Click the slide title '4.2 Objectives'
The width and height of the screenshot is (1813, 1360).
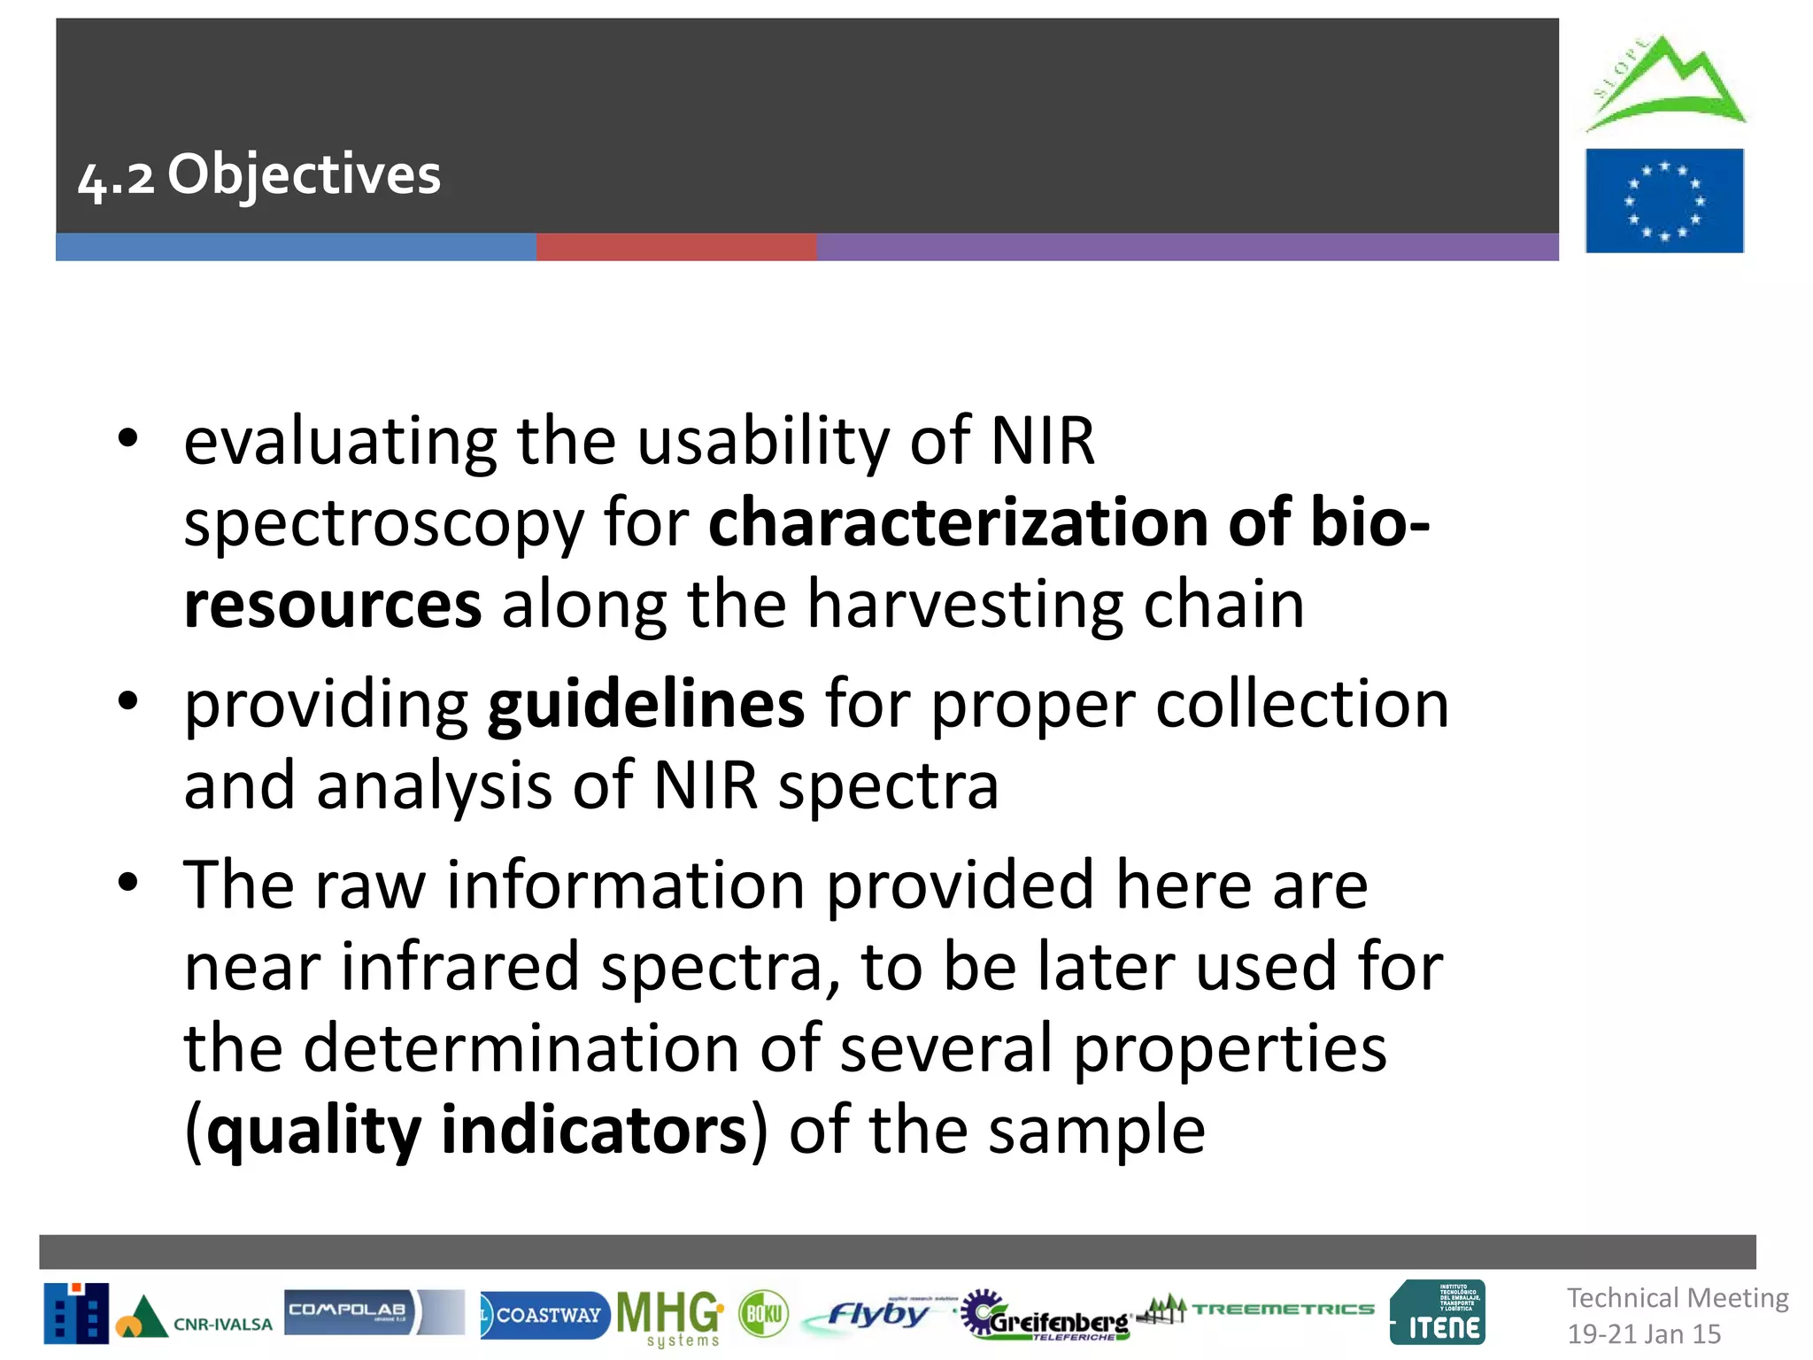click(x=259, y=174)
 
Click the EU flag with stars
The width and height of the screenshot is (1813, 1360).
click(x=1663, y=201)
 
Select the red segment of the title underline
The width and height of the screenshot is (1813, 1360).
click(x=675, y=247)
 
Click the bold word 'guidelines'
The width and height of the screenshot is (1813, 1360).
click(x=646, y=705)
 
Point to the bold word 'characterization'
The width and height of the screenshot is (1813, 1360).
click(x=957, y=522)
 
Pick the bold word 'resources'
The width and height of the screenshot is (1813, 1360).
click(x=332, y=605)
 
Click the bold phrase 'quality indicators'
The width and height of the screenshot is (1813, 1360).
click(x=477, y=1131)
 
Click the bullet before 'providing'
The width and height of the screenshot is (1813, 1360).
click(x=128, y=701)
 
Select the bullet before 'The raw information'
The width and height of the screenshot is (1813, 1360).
click(x=128, y=882)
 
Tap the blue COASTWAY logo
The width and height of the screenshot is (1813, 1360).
click(x=544, y=1315)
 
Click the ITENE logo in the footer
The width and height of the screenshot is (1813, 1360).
click(x=1438, y=1313)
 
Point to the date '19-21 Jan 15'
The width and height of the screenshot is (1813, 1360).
click(x=1644, y=1333)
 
